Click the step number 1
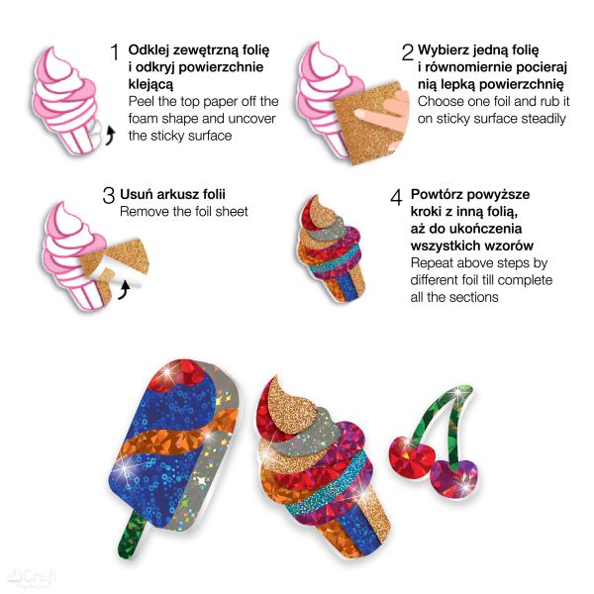(115, 51)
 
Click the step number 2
(408, 51)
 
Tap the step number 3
(109, 195)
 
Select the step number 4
(396, 197)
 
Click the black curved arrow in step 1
(109, 136)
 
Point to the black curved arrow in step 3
(125, 290)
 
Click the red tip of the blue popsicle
(177, 375)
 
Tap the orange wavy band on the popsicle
(178, 436)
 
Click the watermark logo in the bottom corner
(33, 577)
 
